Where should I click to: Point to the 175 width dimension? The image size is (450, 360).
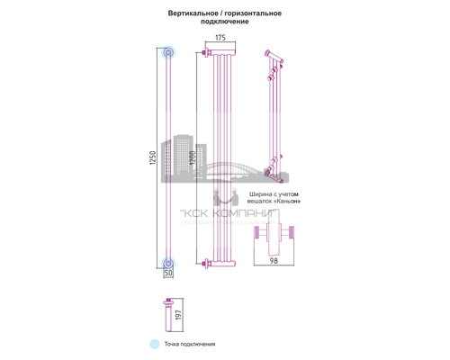click(x=220, y=38)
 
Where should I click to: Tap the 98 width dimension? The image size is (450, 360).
click(x=273, y=263)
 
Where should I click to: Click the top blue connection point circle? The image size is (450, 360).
click(x=167, y=53)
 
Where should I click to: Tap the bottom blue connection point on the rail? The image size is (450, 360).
click(x=167, y=263)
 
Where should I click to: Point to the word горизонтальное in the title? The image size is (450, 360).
click(x=256, y=13)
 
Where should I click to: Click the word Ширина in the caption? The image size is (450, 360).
click(x=247, y=195)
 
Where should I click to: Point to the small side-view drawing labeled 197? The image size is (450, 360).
click(x=169, y=314)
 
